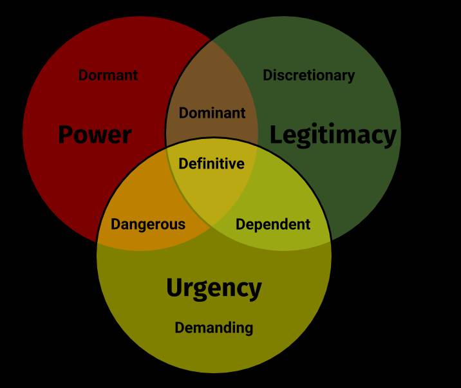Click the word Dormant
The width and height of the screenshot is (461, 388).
(x=108, y=75)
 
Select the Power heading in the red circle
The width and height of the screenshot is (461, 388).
(x=95, y=135)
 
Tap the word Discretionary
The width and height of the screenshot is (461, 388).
(x=308, y=75)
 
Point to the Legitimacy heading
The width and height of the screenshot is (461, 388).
(x=332, y=135)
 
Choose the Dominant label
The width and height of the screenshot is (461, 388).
(x=212, y=113)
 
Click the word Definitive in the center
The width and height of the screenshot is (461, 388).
(x=211, y=164)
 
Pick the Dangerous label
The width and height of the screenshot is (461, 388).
(x=147, y=225)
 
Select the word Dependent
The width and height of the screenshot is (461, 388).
(x=273, y=225)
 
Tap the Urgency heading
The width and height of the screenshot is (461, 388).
(x=214, y=288)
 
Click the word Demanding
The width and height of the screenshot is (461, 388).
(x=214, y=328)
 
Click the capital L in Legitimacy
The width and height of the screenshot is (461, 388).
(x=276, y=135)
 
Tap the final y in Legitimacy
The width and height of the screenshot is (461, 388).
(x=389, y=137)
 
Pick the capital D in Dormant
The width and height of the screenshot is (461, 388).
(x=83, y=75)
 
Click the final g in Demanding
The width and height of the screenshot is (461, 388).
(x=249, y=329)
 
